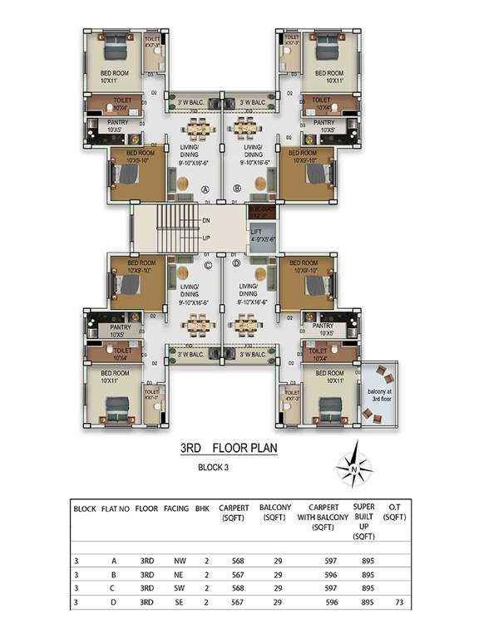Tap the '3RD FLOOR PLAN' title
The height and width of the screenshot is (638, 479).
tap(229, 449)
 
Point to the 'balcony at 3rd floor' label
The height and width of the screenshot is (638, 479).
tap(378, 398)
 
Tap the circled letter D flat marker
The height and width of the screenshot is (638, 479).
tap(236, 264)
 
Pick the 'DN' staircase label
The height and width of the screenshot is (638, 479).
tap(205, 220)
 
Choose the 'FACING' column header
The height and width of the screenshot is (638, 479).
tap(176, 508)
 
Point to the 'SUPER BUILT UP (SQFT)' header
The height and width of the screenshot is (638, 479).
tap(363, 522)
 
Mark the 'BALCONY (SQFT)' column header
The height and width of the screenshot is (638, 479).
tap(275, 513)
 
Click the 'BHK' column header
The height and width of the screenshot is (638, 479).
tap(202, 508)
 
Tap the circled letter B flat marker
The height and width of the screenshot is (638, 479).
tap(237, 189)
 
